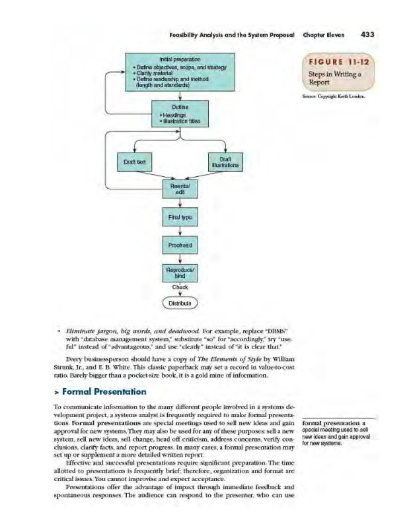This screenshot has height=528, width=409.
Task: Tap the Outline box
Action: click(x=180, y=114)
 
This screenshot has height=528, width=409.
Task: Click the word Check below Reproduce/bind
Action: click(x=180, y=287)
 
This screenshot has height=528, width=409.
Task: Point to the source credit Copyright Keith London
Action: click(x=333, y=97)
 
